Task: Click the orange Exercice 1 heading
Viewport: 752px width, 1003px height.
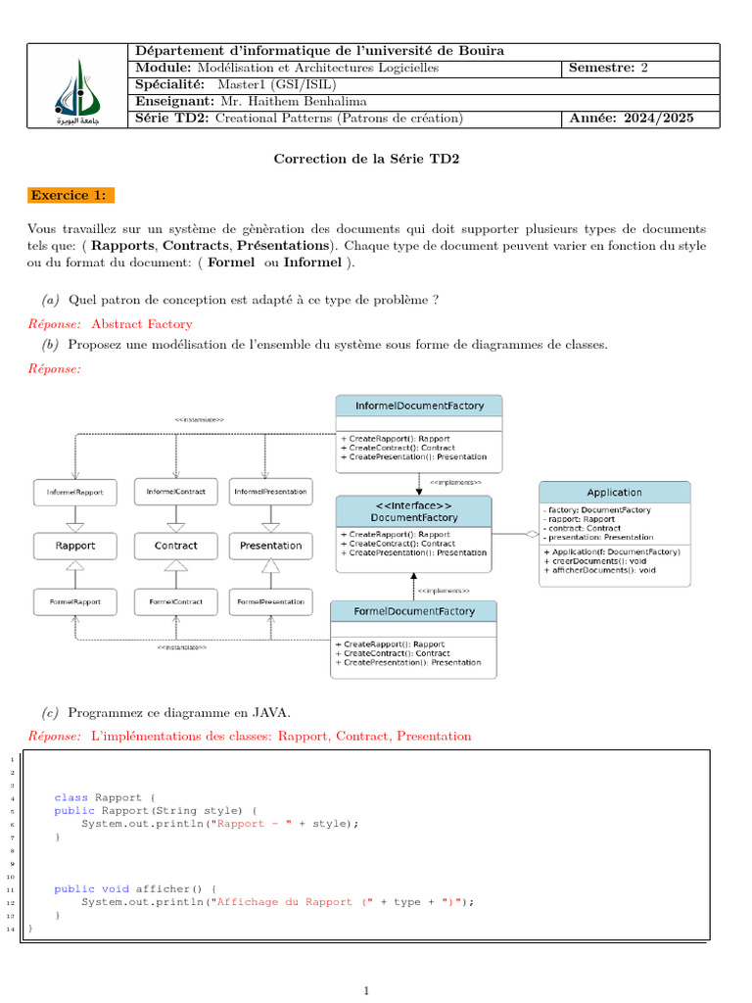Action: pos(71,195)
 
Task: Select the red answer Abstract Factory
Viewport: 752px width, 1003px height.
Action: pos(142,324)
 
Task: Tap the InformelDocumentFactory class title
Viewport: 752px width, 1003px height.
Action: pos(419,405)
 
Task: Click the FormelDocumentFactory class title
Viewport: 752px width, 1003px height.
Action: pos(414,611)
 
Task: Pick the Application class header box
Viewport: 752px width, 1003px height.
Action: pos(614,492)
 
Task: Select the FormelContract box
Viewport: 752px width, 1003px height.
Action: pos(176,600)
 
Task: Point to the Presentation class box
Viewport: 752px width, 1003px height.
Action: pos(271,546)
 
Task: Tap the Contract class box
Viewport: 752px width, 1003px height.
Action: pos(176,546)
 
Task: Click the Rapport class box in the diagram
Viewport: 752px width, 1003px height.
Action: pos(75,546)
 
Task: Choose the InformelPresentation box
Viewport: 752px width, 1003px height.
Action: pos(271,491)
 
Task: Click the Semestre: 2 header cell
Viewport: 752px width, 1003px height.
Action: pos(608,68)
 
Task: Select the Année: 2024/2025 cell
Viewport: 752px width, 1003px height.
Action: pos(632,119)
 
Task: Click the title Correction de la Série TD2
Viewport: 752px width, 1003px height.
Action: pos(365,159)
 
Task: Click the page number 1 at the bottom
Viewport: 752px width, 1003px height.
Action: pos(366,991)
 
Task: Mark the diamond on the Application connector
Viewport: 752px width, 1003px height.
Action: pos(532,534)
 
